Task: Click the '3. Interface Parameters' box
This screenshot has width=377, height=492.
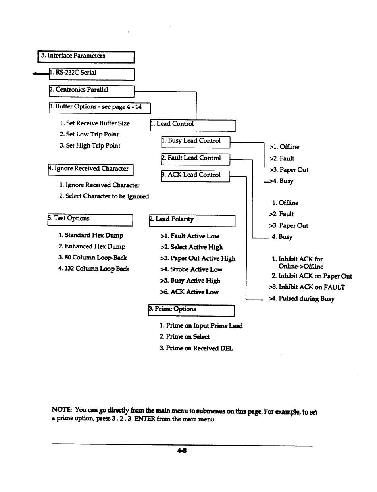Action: pos(86,57)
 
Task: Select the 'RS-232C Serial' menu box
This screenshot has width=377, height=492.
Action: pos(91,74)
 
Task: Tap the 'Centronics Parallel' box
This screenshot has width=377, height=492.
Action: pos(91,91)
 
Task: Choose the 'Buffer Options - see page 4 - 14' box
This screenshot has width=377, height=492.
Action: pos(100,108)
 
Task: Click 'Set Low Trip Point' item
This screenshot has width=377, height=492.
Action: pos(89,135)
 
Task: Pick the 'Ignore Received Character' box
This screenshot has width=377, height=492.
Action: pos(90,169)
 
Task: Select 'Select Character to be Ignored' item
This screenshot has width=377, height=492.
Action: pos(104,196)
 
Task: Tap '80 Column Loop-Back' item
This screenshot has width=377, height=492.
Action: pos(92,258)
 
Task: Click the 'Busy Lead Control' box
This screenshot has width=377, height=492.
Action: pos(195,142)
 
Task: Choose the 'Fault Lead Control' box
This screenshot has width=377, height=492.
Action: pos(195,159)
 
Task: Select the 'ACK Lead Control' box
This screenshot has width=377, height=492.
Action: pos(195,176)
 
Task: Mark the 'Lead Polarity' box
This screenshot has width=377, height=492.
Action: pos(192,220)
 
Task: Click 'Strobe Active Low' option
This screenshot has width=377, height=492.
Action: pos(191,269)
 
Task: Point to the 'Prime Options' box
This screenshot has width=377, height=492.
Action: pos(191,310)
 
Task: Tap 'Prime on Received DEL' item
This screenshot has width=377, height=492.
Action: pos(196,348)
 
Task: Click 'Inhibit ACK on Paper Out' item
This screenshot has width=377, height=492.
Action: pos(312,276)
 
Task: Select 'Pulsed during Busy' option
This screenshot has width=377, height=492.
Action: pos(301,299)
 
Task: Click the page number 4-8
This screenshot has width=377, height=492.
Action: pos(182,451)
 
